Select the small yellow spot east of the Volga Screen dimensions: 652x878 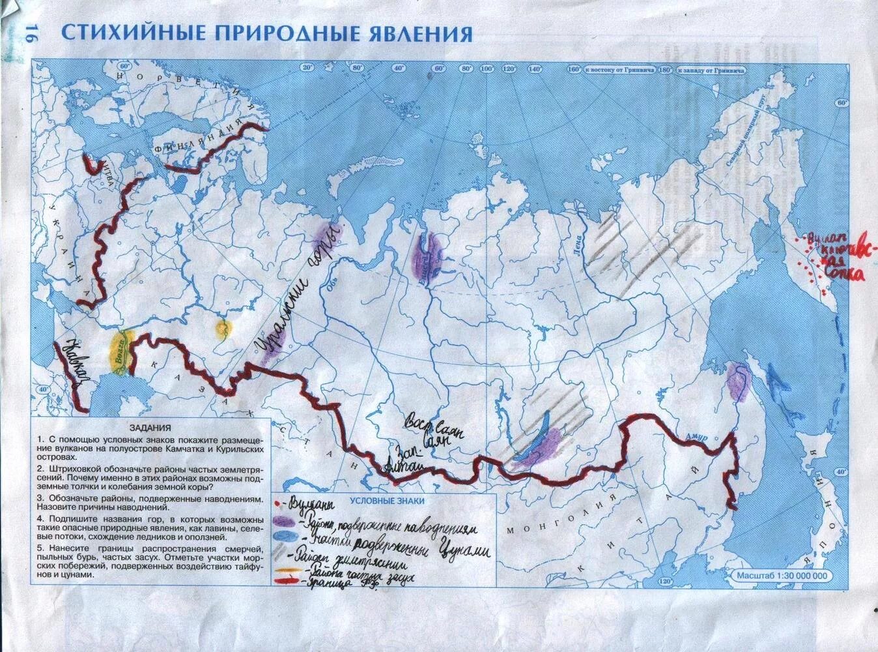[x=223, y=328]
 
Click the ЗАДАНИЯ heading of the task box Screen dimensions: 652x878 [x=150, y=428]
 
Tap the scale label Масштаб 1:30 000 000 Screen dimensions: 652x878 [x=782, y=576]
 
